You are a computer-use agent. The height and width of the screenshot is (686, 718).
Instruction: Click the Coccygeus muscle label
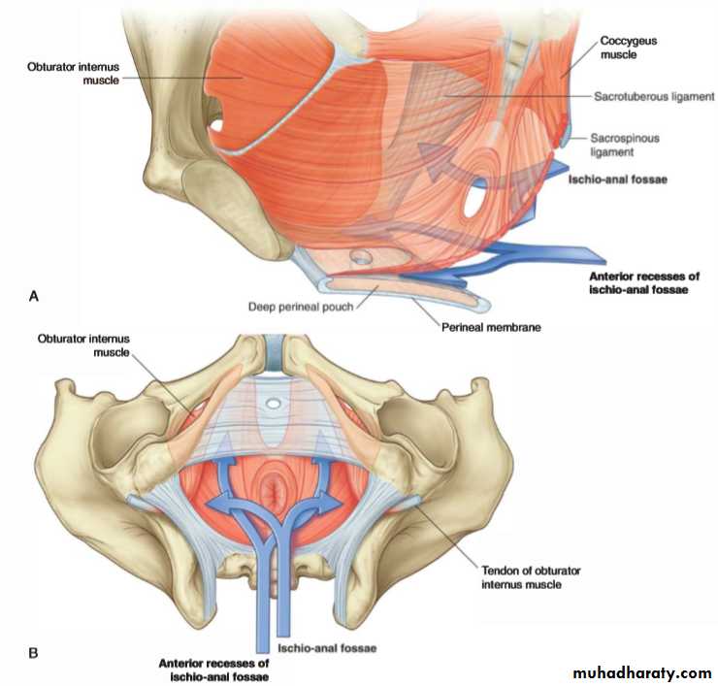click(x=629, y=48)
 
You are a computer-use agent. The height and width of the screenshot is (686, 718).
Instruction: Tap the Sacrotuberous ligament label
click(x=654, y=97)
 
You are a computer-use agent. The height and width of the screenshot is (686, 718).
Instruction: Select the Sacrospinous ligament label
click(x=625, y=145)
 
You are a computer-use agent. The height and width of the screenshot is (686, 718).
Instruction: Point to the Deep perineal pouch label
click(x=301, y=307)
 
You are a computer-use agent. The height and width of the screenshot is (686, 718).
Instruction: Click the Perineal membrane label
click(x=491, y=327)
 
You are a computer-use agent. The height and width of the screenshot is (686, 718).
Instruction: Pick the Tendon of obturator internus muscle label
click(x=531, y=577)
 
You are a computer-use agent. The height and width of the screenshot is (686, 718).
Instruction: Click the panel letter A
click(x=33, y=297)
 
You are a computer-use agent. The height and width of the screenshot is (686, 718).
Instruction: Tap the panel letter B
click(x=33, y=653)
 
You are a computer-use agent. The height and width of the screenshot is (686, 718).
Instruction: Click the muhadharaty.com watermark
click(x=642, y=672)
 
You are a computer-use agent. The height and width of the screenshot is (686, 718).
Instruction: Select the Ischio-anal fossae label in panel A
click(x=618, y=180)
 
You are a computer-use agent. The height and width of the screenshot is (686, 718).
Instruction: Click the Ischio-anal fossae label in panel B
click(x=327, y=648)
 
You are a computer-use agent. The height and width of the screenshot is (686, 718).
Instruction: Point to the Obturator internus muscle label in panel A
click(x=74, y=74)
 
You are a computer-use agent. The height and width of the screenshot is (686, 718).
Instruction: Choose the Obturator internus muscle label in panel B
click(x=83, y=345)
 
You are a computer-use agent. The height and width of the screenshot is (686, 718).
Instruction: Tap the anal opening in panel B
click(x=276, y=491)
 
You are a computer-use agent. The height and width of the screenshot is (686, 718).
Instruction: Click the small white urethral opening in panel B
click(x=274, y=404)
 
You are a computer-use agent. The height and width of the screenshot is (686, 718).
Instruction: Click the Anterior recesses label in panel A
click(x=644, y=283)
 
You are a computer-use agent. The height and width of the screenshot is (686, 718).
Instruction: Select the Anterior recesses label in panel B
click(x=213, y=670)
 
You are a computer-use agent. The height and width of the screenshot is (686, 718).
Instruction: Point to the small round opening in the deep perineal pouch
click(x=362, y=256)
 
